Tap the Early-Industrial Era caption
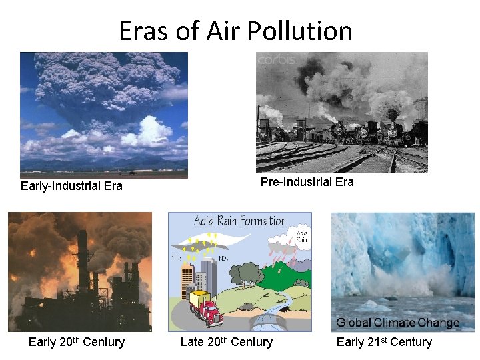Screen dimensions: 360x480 [71, 186]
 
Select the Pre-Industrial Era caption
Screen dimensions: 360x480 [307, 182]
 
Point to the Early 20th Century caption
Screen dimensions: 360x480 [77, 342]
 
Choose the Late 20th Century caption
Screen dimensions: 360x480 [227, 342]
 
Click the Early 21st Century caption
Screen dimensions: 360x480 [384, 342]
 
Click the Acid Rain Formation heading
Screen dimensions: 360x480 [240, 221]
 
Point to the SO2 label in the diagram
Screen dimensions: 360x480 [177, 257]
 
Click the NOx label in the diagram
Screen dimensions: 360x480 [224, 257]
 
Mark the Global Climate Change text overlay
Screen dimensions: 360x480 [397, 323]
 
